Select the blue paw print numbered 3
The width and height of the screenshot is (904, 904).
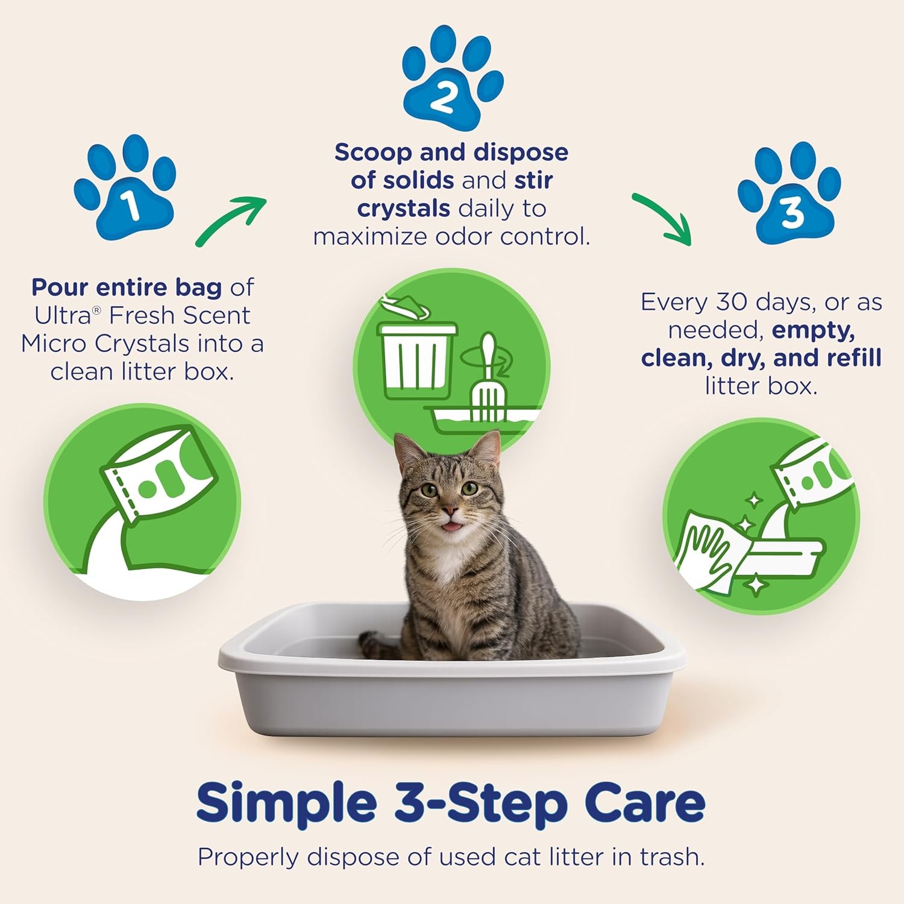click(x=789, y=193)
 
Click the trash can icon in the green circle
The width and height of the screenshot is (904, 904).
click(x=416, y=356)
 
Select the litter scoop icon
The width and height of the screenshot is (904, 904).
click(x=487, y=380)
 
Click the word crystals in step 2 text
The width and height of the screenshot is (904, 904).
click(x=403, y=209)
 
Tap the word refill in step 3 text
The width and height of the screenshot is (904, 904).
click(x=854, y=357)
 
